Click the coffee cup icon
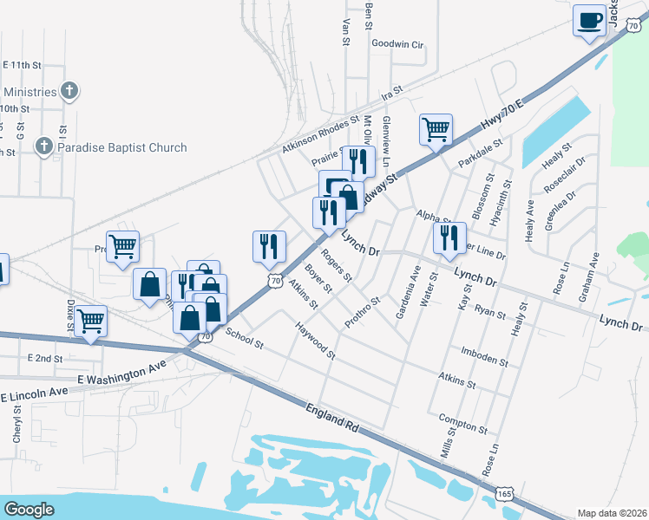pos(589,20)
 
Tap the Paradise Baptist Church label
pos(121,147)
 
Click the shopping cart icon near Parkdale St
pos(436,130)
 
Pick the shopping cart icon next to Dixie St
pos(90,321)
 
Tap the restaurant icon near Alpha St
pos(449,237)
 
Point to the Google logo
pos(29,509)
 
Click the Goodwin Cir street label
pos(397,43)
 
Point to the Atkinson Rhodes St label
pos(319,137)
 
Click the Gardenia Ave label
pos(408,292)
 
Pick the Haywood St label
pos(315,340)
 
